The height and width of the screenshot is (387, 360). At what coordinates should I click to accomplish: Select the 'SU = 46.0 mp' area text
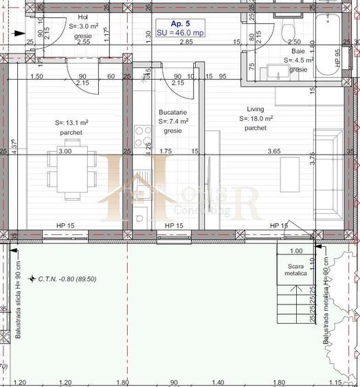point(179,32)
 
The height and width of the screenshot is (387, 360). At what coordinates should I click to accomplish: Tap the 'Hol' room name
point(83,18)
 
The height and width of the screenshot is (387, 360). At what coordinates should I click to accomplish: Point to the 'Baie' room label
point(297,60)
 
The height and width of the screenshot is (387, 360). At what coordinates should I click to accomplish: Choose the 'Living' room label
point(256,109)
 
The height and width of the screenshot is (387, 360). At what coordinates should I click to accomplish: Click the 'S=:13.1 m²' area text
point(71,123)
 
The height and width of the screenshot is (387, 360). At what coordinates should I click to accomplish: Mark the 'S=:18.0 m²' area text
point(256,118)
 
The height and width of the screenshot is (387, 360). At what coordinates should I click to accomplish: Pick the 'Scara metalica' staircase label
point(296,269)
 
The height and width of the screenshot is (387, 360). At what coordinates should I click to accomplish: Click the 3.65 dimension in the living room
point(273,151)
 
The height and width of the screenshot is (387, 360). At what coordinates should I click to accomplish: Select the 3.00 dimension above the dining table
point(65,151)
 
